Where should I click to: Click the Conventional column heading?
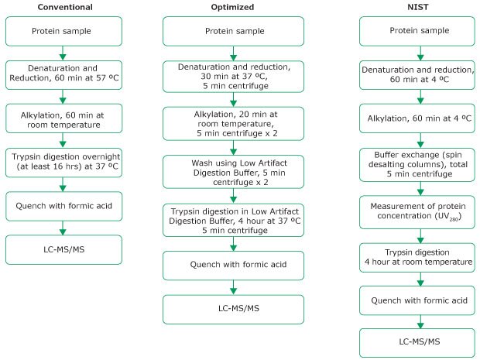point(63,8)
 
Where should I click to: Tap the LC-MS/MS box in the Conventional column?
point(63,250)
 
